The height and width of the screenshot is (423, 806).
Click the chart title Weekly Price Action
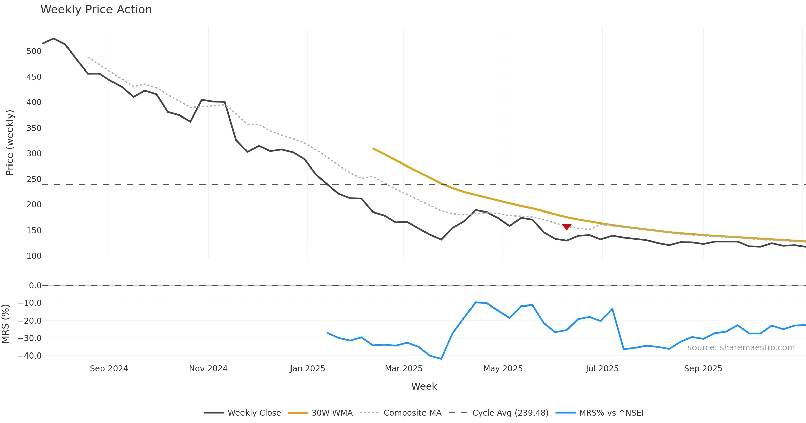pos(96,10)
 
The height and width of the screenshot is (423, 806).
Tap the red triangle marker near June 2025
pos(567,227)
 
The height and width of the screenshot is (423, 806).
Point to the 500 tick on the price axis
pos(34,51)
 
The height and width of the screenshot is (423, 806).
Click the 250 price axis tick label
pos(34,179)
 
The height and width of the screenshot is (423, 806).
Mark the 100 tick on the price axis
pos(34,256)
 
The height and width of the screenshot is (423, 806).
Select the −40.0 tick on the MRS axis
pos(30,356)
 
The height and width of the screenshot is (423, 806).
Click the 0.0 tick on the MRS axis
pos(35,286)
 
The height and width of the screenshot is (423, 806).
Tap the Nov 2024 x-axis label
pos(208,369)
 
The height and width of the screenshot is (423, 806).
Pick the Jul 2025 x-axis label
pos(602,369)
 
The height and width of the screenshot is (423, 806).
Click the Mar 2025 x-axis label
pos(404,369)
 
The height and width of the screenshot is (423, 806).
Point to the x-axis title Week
pos(424,387)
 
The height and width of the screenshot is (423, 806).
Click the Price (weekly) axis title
pos(10,143)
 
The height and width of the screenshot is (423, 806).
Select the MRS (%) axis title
pos(5,324)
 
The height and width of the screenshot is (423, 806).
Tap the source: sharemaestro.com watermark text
pos(741,348)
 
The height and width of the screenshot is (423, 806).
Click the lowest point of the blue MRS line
pos(441,359)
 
